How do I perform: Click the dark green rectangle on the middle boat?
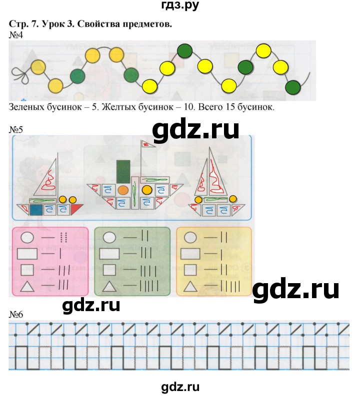[123, 171]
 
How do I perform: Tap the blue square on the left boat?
[36, 209]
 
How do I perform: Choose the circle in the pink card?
[26, 237]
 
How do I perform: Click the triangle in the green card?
[109, 287]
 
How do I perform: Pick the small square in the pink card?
[25, 270]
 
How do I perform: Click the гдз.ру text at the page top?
[180, 6]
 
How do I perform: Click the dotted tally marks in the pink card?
[63, 237]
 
